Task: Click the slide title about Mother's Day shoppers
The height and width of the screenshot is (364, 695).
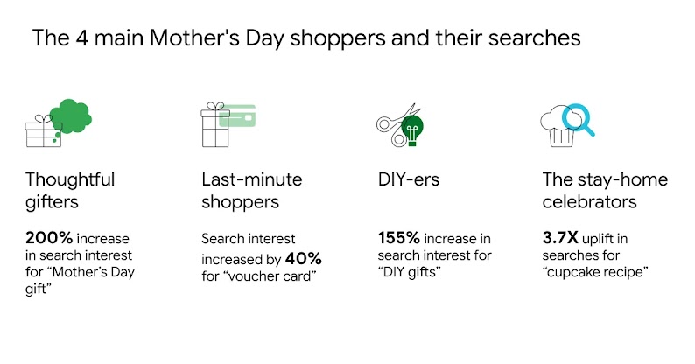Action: point(306,38)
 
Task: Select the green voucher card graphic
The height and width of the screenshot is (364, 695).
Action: point(236,116)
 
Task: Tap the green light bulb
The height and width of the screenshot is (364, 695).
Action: point(411,130)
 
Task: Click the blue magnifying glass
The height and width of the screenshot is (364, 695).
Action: point(579,120)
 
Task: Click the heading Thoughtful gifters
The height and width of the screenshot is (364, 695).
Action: point(70,190)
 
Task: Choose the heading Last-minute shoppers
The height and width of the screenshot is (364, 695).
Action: point(251,190)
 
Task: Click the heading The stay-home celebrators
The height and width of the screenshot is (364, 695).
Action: point(603,190)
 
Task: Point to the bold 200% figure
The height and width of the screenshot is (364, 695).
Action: point(49,236)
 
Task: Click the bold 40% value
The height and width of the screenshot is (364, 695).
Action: point(304,259)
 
